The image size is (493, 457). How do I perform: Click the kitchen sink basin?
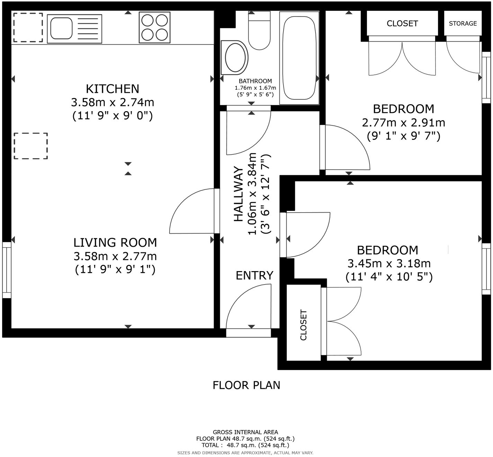click(x=62, y=28)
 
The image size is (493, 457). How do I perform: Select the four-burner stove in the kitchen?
click(x=154, y=27)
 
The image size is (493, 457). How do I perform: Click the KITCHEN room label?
click(x=113, y=89)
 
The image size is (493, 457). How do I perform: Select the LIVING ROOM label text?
click(x=115, y=243)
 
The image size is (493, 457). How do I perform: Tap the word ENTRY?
click(x=254, y=276)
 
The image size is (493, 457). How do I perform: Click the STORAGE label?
click(x=463, y=24)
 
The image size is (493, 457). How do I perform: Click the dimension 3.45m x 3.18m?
click(x=389, y=264)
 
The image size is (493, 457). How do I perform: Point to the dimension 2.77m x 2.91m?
click(x=403, y=123)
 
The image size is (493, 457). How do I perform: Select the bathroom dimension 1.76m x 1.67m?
click(x=255, y=88)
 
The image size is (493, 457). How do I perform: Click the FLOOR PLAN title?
click(x=246, y=385)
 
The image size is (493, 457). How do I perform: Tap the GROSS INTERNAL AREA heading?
click(x=245, y=432)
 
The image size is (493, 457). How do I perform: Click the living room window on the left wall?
click(x=7, y=270)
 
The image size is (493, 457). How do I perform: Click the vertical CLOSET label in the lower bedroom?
click(x=304, y=325)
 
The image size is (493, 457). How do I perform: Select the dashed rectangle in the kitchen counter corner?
click(x=28, y=27)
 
